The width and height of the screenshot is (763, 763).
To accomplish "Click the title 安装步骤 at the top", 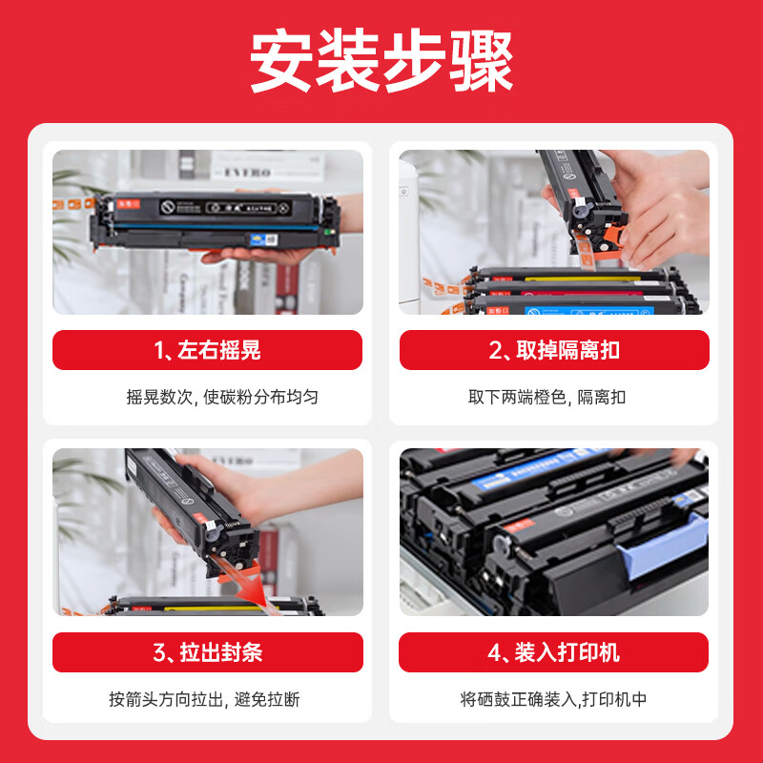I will [x=381, y=63].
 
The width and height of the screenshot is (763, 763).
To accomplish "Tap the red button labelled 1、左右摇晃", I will [x=207, y=350].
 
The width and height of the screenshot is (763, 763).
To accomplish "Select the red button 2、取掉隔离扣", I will [x=554, y=350].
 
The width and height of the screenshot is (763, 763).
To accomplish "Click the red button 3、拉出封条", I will [x=207, y=652].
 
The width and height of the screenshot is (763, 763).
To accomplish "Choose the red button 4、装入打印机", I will [x=554, y=652].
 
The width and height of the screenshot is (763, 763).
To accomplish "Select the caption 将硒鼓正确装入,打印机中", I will [x=553, y=699].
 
